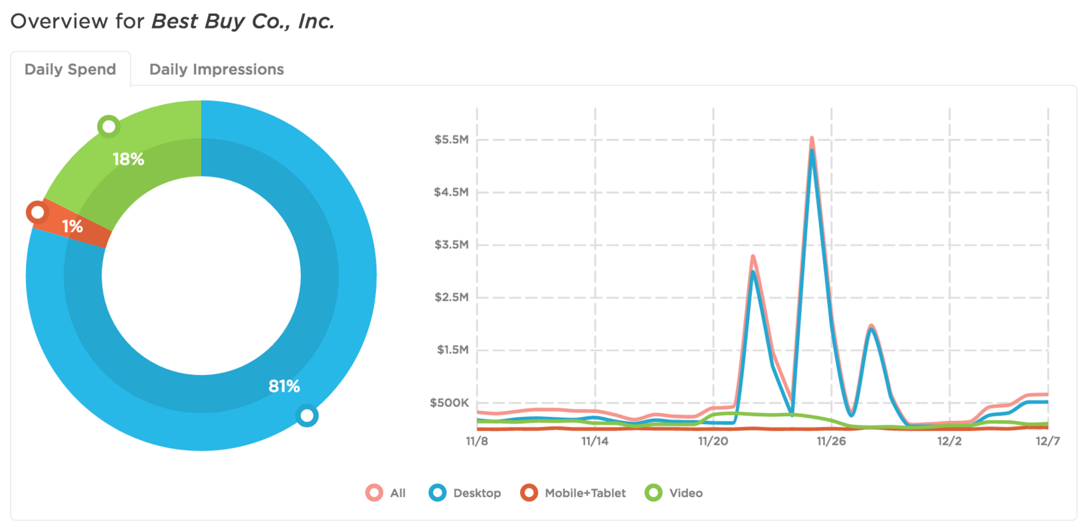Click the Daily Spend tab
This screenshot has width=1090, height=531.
tap(70, 69)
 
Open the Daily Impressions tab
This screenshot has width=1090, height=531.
tap(216, 69)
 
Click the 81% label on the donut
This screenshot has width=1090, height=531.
tap(284, 386)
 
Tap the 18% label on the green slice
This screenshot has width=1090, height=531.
tap(128, 159)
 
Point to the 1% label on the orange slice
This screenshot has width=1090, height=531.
tap(72, 227)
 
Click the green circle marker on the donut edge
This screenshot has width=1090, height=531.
tap(108, 126)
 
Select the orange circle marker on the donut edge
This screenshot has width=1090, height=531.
tap(37, 212)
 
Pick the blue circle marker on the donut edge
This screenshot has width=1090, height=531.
tap(307, 416)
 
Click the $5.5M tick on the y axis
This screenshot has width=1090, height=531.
tap(451, 140)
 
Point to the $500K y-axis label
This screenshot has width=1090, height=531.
tap(449, 403)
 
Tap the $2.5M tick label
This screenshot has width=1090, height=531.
tap(451, 297)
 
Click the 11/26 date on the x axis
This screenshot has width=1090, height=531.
tap(831, 441)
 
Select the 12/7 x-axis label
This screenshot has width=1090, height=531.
tap(1047, 441)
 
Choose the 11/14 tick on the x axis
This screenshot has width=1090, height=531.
tap(594, 441)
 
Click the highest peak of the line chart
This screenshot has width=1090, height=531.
tap(812, 138)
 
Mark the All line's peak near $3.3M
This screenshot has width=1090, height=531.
tap(753, 256)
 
